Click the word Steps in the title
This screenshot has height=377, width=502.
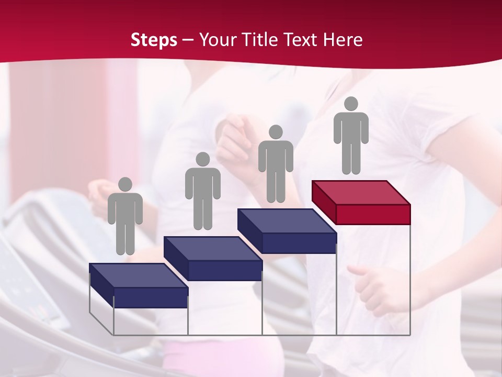point(154,40)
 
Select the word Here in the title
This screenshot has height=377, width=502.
point(344,40)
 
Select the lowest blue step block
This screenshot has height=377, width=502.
point(139,286)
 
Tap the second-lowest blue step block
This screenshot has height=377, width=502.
point(213,259)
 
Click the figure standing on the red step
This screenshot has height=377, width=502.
point(351,136)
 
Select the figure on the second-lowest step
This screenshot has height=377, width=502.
point(202,191)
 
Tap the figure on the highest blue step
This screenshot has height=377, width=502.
point(276,164)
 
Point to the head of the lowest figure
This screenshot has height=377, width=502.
point(125,184)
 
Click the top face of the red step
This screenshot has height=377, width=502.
point(361,192)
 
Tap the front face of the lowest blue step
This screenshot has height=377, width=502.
point(151,297)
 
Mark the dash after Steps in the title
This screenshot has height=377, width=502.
point(188,40)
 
